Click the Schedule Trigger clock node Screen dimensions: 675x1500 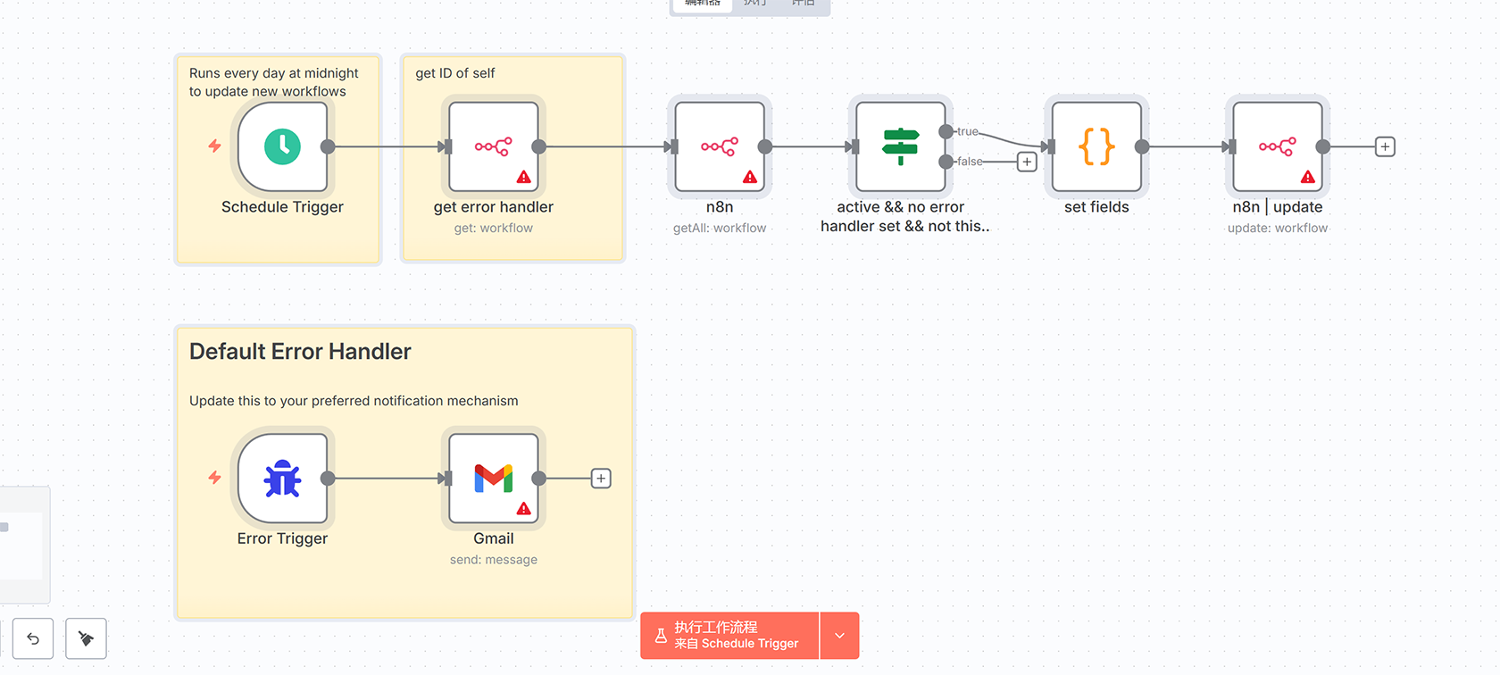282,146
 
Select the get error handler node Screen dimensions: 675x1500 494,146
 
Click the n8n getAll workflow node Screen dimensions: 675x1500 720,146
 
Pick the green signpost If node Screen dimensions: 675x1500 900,146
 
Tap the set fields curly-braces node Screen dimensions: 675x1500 1096,146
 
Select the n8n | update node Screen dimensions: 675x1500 1278,146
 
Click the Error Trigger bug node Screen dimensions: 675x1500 282,479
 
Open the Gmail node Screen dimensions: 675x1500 494,479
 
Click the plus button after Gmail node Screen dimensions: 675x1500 602,479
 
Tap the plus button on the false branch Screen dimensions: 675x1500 1027,162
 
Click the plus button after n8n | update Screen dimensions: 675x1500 1385,146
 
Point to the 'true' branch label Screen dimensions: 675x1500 968,131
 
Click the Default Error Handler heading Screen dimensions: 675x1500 300,352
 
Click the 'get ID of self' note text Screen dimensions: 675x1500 455,73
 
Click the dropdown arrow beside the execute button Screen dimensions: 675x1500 839,636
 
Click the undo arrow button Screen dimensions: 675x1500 33,638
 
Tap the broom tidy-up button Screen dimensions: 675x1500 86,638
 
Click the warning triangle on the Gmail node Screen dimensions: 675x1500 524,509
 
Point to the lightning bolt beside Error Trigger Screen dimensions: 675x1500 215,478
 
